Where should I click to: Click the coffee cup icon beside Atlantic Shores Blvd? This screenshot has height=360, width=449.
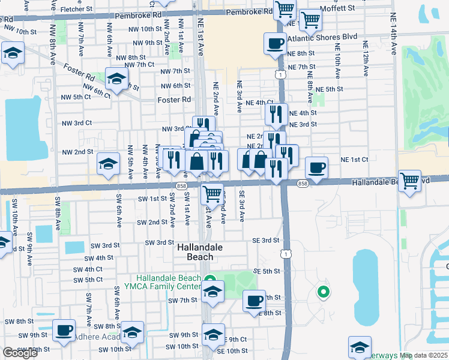pos(275,43)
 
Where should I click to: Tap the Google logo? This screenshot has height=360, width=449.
pos(20,353)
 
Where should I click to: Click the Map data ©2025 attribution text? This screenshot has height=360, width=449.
pos(425,355)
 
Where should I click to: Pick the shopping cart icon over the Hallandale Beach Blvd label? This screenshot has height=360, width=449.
pos(409,180)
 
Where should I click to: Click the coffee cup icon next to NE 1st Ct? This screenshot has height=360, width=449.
pos(316,167)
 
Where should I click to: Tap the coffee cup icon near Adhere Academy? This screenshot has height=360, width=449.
pos(64,330)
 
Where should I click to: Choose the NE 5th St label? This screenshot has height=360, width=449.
pos(329,89)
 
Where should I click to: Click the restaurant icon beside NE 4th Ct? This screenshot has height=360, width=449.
pos(276,113)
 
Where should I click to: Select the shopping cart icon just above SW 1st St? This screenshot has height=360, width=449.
pos(212,194)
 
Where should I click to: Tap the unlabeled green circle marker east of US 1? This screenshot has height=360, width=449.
pos(323,292)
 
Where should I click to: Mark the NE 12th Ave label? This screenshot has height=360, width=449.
pos(364,59)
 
